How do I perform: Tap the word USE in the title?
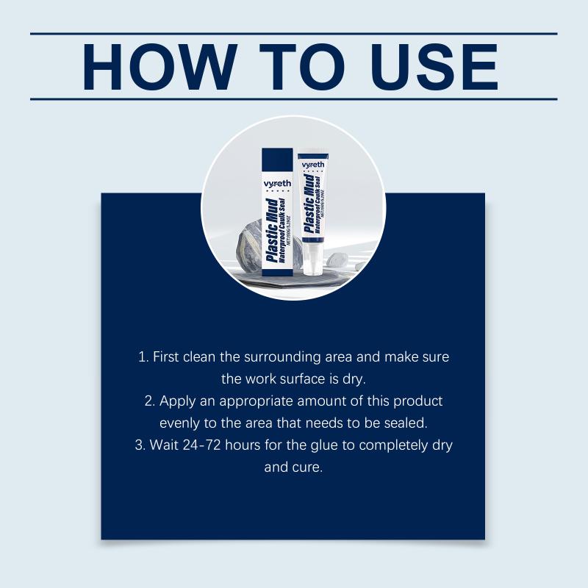(x=434, y=67)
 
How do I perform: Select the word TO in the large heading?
(x=302, y=67)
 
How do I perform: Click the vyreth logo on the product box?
(x=277, y=184)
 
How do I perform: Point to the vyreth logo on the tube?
(x=313, y=165)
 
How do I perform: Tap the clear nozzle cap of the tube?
(x=310, y=262)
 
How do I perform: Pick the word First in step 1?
(x=166, y=356)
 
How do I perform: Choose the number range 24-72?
(x=201, y=445)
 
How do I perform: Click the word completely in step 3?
(x=393, y=446)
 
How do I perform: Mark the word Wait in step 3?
(x=164, y=445)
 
